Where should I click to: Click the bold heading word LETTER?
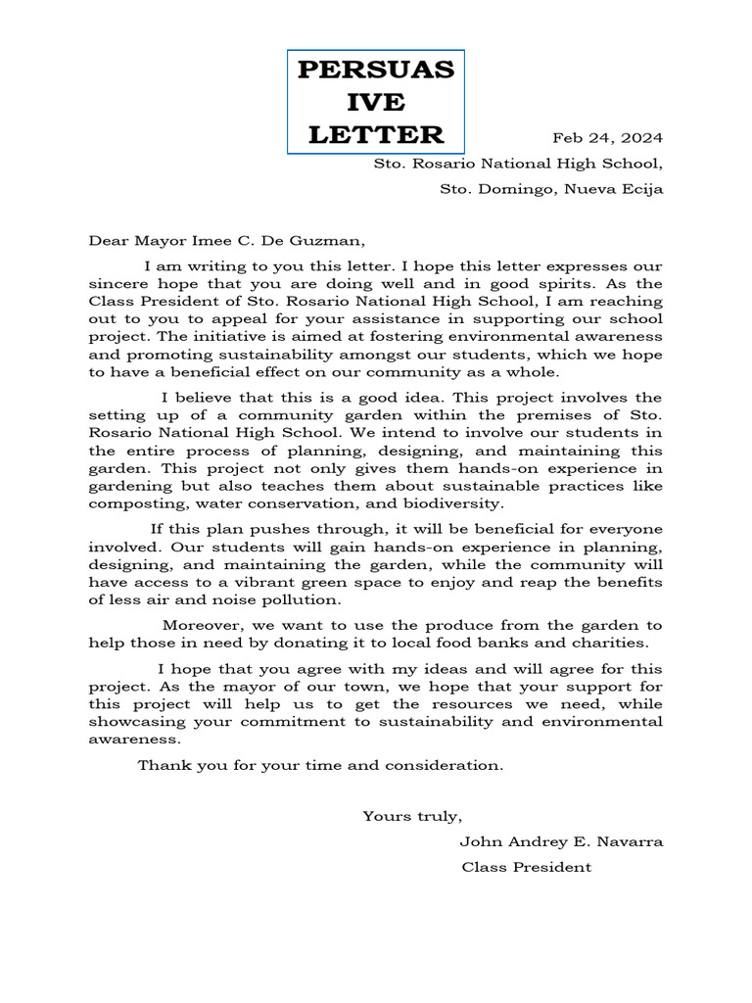click(376, 134)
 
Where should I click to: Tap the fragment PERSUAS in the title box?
click(376, 71)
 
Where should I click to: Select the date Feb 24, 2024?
click(608, 137)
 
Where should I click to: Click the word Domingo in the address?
click(525, 189)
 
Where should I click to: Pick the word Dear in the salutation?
click(110, 238)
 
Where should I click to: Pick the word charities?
click(614, 643)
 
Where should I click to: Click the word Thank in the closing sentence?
click(162, 765)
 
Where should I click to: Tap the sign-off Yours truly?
click(412, 816)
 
